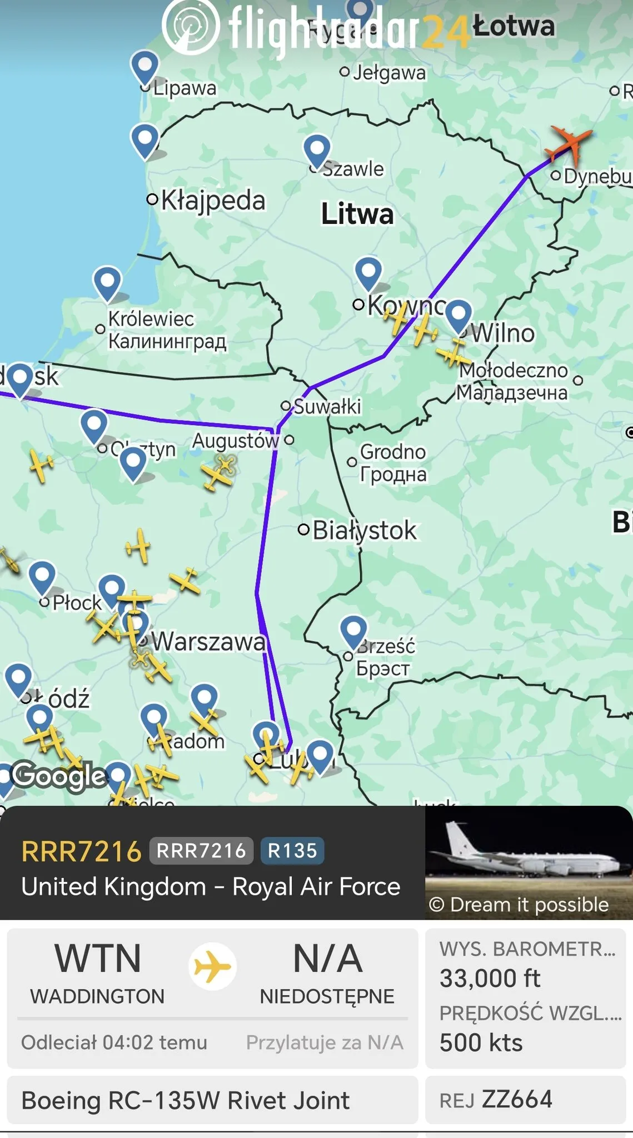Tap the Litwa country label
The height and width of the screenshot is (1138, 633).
point(357,214)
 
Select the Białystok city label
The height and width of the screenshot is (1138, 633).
point(364,530)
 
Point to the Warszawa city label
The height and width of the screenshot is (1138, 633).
point(208,642)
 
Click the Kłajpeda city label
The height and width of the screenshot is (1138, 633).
point(213,200)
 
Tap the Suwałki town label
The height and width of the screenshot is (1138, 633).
point(327,406)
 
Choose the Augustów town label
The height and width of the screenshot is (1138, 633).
point(235,441)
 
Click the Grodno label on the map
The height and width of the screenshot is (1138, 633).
point(392,452)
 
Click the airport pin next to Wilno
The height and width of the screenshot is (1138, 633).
point(458,315)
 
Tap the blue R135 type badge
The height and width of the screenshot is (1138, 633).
point(292,851)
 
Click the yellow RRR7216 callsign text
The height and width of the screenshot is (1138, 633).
point(82,851)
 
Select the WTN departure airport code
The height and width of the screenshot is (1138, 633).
point(98,959)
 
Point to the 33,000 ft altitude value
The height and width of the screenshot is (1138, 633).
point(490,979)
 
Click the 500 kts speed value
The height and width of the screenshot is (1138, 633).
point(481,1043)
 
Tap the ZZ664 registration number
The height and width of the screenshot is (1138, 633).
point(517,1100)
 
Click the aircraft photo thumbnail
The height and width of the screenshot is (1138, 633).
point(529,862)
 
